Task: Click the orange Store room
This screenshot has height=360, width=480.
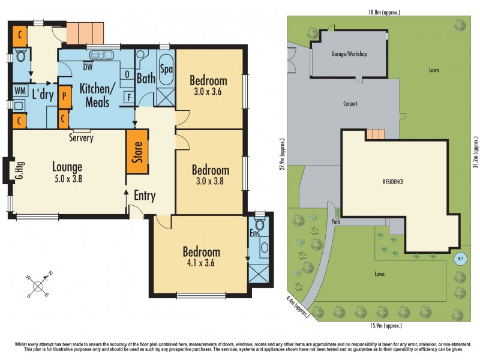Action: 137,151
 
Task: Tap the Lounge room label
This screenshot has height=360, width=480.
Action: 67,172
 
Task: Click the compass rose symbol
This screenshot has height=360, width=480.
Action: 38,285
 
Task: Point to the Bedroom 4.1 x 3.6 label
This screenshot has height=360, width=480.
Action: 202,257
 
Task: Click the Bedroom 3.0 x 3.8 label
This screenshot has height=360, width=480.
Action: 210,175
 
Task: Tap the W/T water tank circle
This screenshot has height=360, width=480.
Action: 460,259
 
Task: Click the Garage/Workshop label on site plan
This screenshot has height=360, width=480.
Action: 349,54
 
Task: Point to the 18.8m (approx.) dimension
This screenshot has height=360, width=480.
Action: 383,12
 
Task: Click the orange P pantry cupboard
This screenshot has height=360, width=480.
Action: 64,94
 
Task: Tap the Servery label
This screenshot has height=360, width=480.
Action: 81,138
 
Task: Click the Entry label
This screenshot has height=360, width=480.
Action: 145,196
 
